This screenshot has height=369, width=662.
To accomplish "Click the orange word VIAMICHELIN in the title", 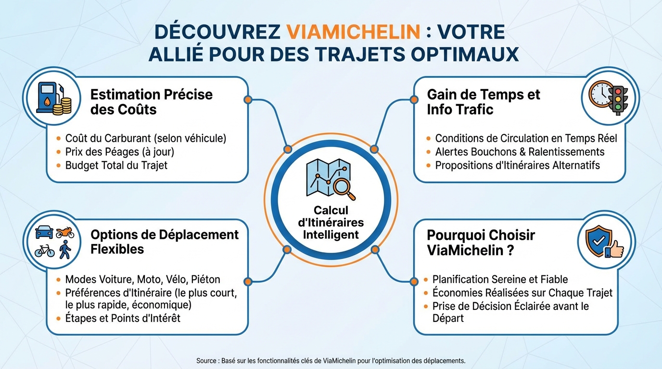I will [353, 32].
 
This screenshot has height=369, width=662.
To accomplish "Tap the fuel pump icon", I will [47, 98].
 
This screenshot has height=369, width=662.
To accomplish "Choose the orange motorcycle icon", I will [65, 233].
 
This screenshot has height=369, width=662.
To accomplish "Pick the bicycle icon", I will [44, 251].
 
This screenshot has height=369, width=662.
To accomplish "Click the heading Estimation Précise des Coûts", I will [151, 101].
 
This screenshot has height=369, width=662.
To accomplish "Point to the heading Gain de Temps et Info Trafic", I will [483, 101].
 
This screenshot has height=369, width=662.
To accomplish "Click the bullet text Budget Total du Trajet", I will [116, 165].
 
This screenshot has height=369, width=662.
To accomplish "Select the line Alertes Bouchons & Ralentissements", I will [520, 152].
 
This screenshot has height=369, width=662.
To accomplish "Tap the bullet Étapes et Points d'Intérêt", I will [122, 318].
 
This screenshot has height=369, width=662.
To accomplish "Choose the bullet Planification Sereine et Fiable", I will [500, 279].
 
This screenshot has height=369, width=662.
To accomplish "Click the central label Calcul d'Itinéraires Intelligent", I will [331, 222].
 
